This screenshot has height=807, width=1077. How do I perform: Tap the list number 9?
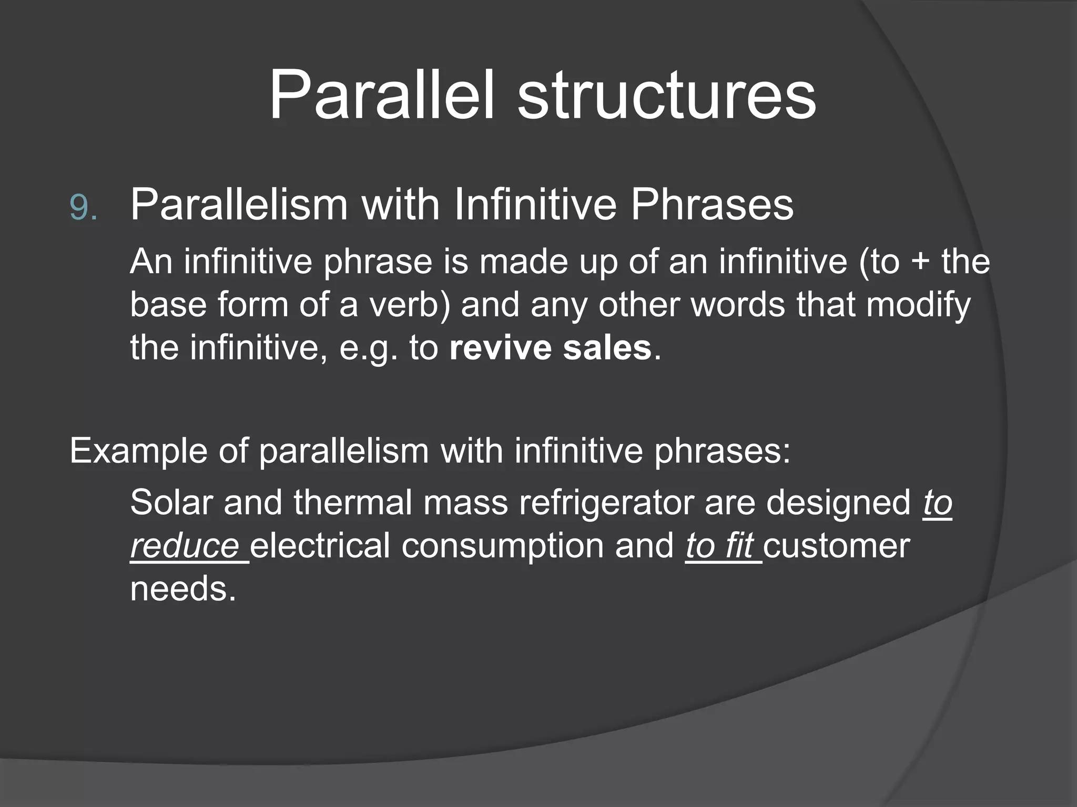[x=83, y=208]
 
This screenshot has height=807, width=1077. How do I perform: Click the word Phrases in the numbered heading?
[x=712, y=204]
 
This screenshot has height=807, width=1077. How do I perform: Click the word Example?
[x=138, y=451]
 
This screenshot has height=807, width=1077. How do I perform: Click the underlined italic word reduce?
[x=185, y=546]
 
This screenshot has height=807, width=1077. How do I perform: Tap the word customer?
[x=836, y=546]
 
